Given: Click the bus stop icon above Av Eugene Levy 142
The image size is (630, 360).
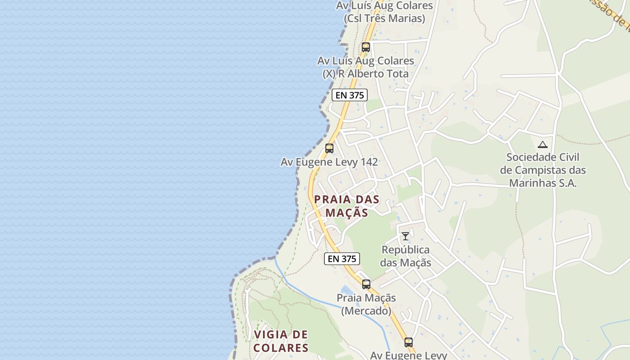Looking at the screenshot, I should tap(329, 148).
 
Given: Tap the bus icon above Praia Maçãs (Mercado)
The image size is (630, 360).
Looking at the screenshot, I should tap(366, 284).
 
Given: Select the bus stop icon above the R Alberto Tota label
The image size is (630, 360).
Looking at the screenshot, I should tap(365, 47).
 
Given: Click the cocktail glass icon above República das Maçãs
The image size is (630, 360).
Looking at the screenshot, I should tap(405, 236).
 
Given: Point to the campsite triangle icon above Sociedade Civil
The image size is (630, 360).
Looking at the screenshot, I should tap(543, 144).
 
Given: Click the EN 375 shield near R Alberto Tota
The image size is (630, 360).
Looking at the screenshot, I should tap(350, 95).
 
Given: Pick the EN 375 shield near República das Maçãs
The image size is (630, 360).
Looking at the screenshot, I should tap(342, 259).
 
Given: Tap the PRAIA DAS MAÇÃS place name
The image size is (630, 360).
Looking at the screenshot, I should tap(346, 206).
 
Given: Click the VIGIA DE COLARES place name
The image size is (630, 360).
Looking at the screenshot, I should tap(281, 341).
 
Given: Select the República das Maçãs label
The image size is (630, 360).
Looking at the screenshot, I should tap(405, 256).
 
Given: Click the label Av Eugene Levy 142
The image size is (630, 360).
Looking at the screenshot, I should tap(329, 162).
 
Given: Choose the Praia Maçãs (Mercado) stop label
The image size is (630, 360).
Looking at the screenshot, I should tap(366, 304).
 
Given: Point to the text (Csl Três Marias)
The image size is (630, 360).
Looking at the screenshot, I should tap(384, 18).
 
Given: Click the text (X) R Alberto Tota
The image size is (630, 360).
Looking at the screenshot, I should tap(365, 74).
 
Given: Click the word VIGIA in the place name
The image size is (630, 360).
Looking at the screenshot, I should tap(269, 334).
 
